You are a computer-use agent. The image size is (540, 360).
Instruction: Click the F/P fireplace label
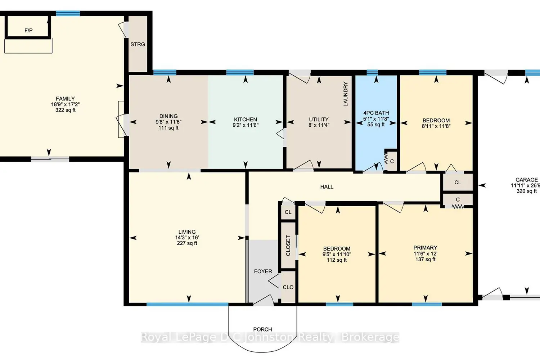click(x=28, y=30)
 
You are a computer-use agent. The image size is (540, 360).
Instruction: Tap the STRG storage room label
click(x=138, y=44)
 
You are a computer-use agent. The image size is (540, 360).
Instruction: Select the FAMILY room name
click(x=65, y=99)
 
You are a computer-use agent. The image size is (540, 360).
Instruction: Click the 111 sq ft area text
click(x=168, y=128)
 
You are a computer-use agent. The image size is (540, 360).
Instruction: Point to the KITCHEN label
click(x=246, y=120)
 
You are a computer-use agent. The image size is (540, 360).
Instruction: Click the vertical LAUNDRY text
click(x=346, y=94)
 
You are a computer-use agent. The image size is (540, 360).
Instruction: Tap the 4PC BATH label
click(x=376, y=113)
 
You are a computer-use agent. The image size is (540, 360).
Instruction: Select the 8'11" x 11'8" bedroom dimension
click(x=436, y=126)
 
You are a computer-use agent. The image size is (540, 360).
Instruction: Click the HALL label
click(x=327, y=186)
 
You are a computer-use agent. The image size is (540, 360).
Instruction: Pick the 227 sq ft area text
click(x=187, y=243)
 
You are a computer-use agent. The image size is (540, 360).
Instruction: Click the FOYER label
click(x=263, y=271)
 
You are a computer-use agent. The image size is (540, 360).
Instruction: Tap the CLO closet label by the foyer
click(x=288, y=287)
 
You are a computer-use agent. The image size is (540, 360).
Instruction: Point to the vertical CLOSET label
click(x=288, y=246)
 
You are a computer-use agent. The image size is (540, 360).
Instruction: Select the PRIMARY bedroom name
click(x=425, y=248)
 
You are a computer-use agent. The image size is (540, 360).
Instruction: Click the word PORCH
click(x=262, y=329)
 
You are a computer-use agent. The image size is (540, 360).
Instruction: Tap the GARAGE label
click(x=526, y=180)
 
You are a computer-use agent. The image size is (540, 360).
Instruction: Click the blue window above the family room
click(x=68, y=14)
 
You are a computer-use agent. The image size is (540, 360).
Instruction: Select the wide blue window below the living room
click(x=188, y=304)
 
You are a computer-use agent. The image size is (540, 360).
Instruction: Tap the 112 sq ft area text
click(x=337, y=260)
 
